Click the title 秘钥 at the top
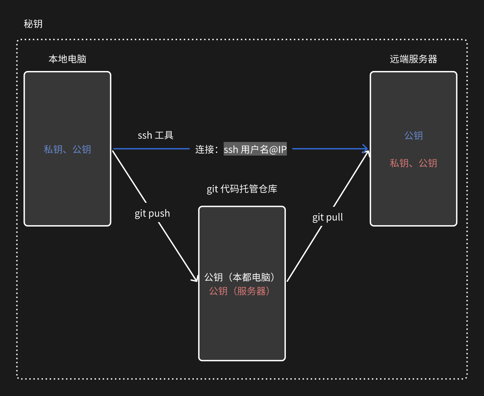pos(33,24)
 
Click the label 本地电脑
pos(67,59)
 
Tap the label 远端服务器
pos(413,59)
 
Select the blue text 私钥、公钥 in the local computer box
pos(67,149)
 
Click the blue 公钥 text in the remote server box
pos(413,136)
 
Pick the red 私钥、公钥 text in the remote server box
pos(413,163)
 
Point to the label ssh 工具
pos(155,135)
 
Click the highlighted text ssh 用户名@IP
pos(255,149)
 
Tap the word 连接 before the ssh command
pos(204,149)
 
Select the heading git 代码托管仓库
pos(242,189)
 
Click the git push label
pos(152,213)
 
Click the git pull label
pos(327,217)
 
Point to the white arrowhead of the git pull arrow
pos(367,154)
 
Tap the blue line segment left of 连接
pos(151,149)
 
